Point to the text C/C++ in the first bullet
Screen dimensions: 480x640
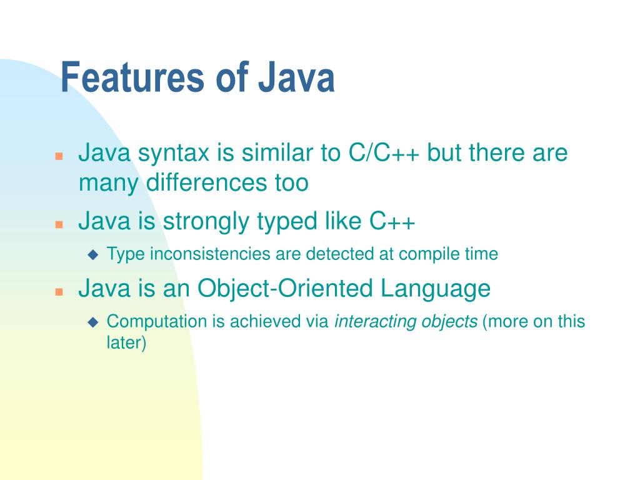coord(382,153)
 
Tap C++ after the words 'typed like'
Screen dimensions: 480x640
coord(392,221)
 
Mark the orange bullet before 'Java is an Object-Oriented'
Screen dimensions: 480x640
coord(58,291)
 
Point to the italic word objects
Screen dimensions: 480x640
coord(447,322)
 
